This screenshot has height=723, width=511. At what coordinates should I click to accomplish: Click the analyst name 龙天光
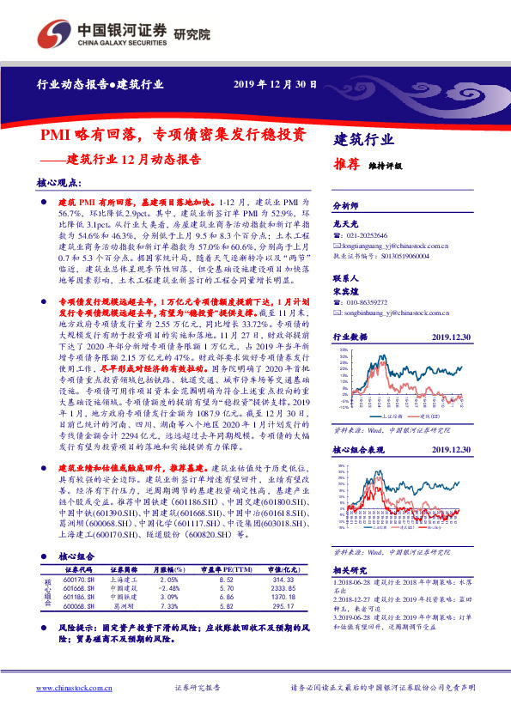344,222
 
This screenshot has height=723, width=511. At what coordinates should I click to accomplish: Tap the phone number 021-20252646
364,234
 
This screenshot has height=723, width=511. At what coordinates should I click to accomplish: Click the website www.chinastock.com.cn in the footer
76,687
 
